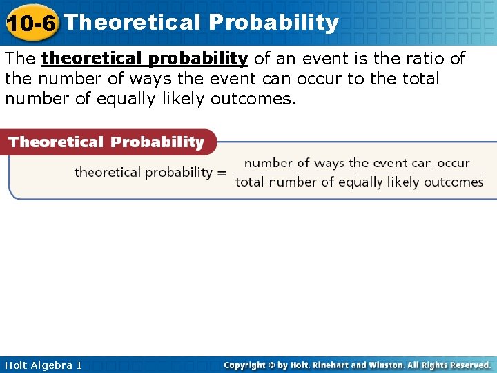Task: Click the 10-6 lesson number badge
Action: (31, 23)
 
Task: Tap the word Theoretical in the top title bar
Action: (132, 22)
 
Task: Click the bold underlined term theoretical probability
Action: (145, 59)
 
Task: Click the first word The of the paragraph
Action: (20, 59)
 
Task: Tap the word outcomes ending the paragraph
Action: (253, 99)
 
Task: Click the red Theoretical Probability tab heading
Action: (106, 142)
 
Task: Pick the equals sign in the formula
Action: (222, 173)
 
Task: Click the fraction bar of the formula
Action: (358, 173)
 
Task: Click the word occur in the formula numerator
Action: (454, 164)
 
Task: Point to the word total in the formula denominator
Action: (251, 182)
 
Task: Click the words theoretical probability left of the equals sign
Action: (143, 173)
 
